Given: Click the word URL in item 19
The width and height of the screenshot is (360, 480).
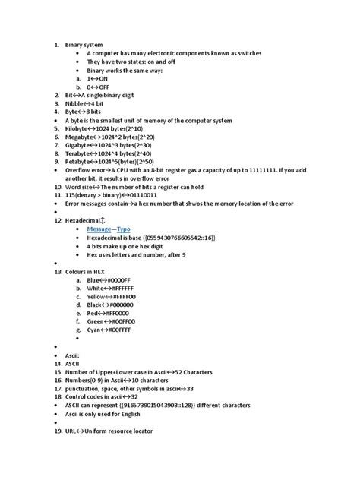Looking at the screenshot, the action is [x=71, y=431].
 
